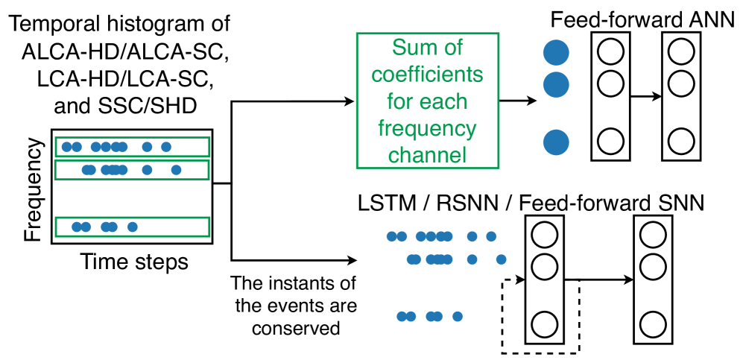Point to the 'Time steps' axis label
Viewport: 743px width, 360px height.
(x=134, y=262)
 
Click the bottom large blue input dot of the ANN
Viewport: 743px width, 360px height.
(x=556, y=141)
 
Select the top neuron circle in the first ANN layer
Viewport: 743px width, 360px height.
(x=610, y=52)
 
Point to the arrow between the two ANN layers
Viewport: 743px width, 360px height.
(x=645, y=96)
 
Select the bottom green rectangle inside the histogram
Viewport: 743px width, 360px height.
(x=132, y=227)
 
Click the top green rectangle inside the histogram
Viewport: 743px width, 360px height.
(x=132, y=146)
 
